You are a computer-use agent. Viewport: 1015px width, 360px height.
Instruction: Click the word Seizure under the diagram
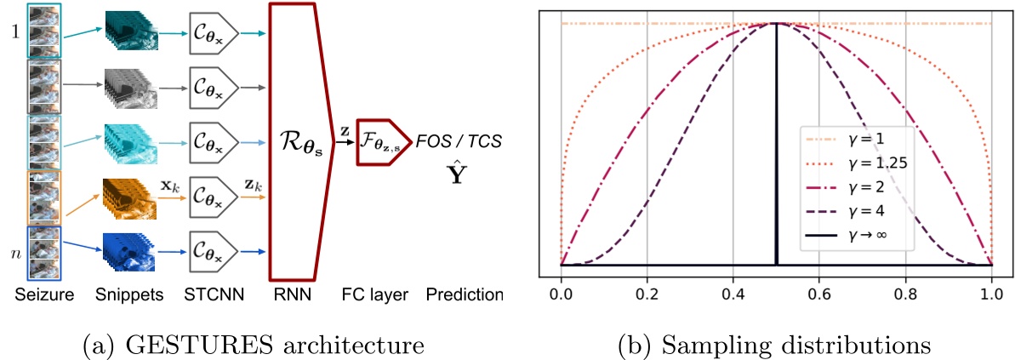[42, 295]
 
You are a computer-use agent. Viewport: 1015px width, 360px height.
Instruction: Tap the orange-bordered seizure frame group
[42, 197]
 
